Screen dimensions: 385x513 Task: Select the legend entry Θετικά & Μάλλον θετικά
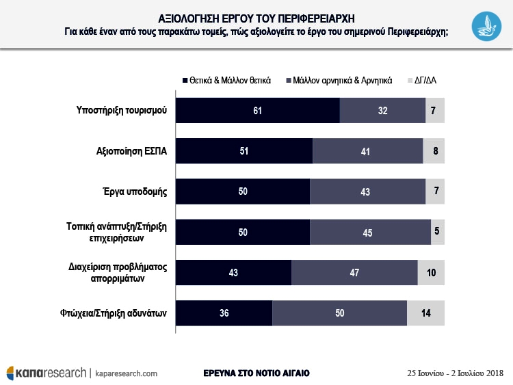[x=226, y=80]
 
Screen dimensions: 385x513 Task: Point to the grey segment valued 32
[x=382, y=110]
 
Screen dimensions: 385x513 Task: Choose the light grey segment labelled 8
[x=434, y=150]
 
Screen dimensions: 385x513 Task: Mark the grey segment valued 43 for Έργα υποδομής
[x=367, y=191]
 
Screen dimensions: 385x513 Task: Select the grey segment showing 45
[x=370, y=232]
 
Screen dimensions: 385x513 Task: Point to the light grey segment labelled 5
[x=438, y=232]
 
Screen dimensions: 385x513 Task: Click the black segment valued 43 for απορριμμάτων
[x=234, y=272]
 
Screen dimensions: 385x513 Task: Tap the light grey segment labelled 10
[x=431, y=272]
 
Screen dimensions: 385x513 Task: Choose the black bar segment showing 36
[x=224, y=313]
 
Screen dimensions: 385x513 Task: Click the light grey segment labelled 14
[x=425, y=313]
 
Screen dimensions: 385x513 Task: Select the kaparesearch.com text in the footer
[x=127, y=373]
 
